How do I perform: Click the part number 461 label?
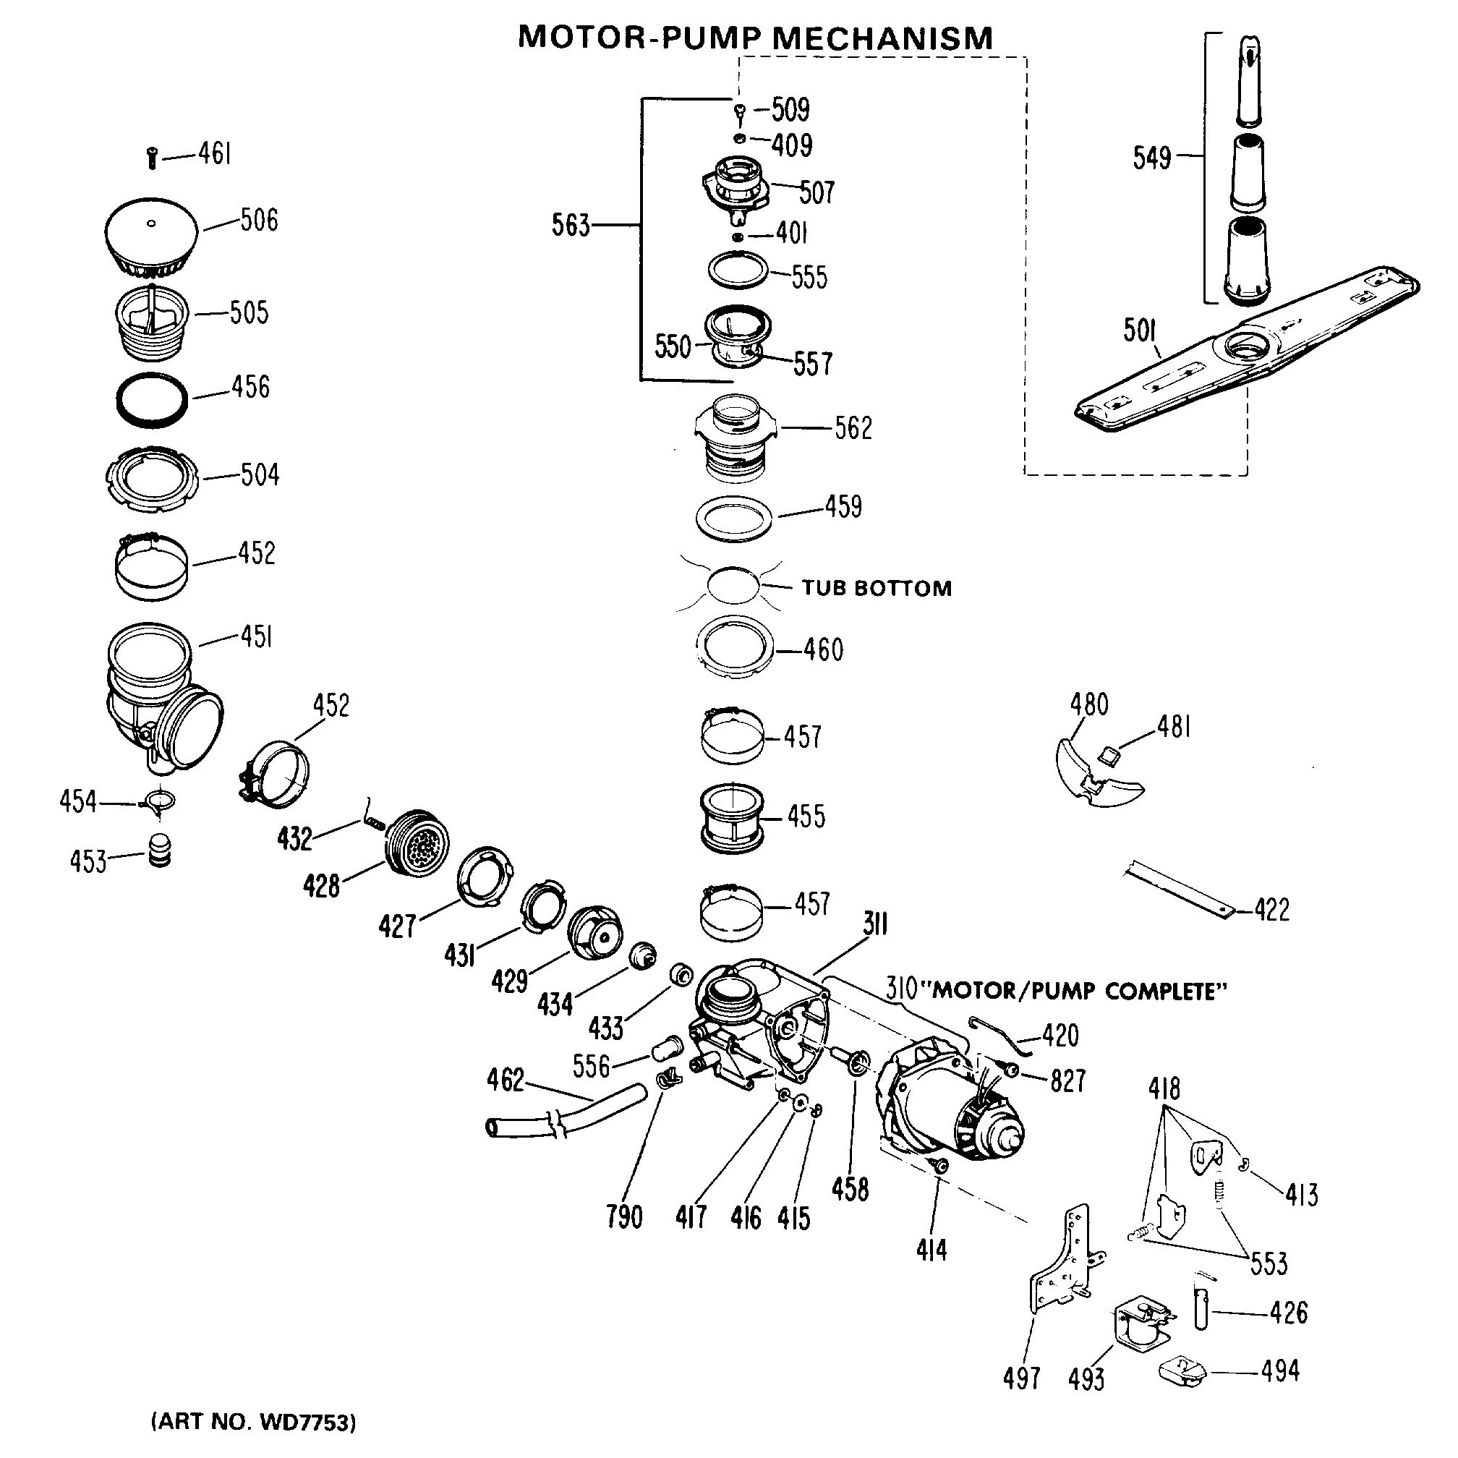coord(214,154)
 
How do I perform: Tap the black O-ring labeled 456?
coord(152,399)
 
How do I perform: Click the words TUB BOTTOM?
coord(876,589)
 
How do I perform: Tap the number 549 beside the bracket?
coord(1151,158)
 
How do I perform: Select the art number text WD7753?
coord(305,1423)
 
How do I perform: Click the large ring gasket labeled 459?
coord(734,519)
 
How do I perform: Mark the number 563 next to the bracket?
coord(571,225)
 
